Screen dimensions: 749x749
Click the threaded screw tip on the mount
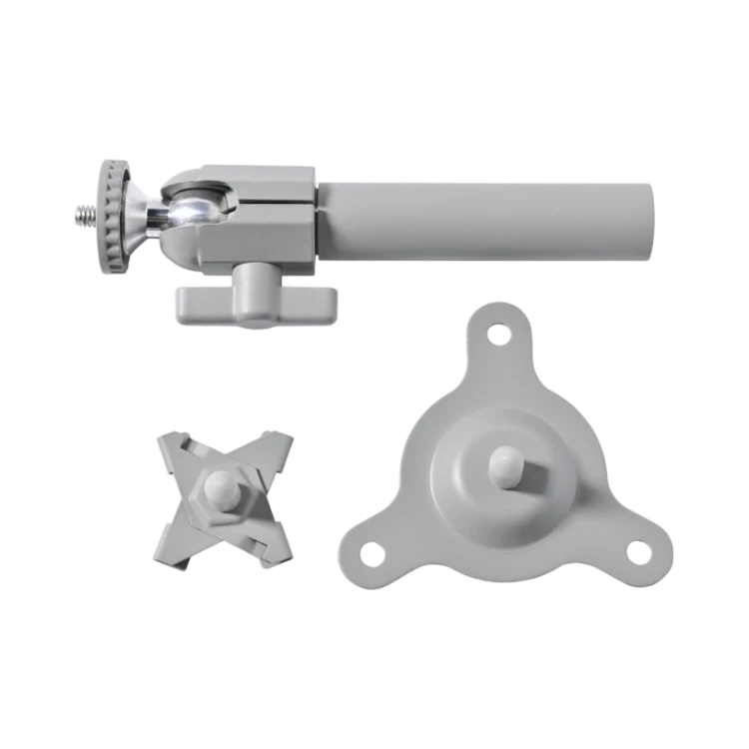coord(83,213)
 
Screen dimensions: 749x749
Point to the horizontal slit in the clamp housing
coord(270,208)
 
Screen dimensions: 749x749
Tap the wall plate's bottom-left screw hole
coord(371,549)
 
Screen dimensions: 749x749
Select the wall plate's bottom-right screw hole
coord(636,548)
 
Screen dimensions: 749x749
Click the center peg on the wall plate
coord(506,465)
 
